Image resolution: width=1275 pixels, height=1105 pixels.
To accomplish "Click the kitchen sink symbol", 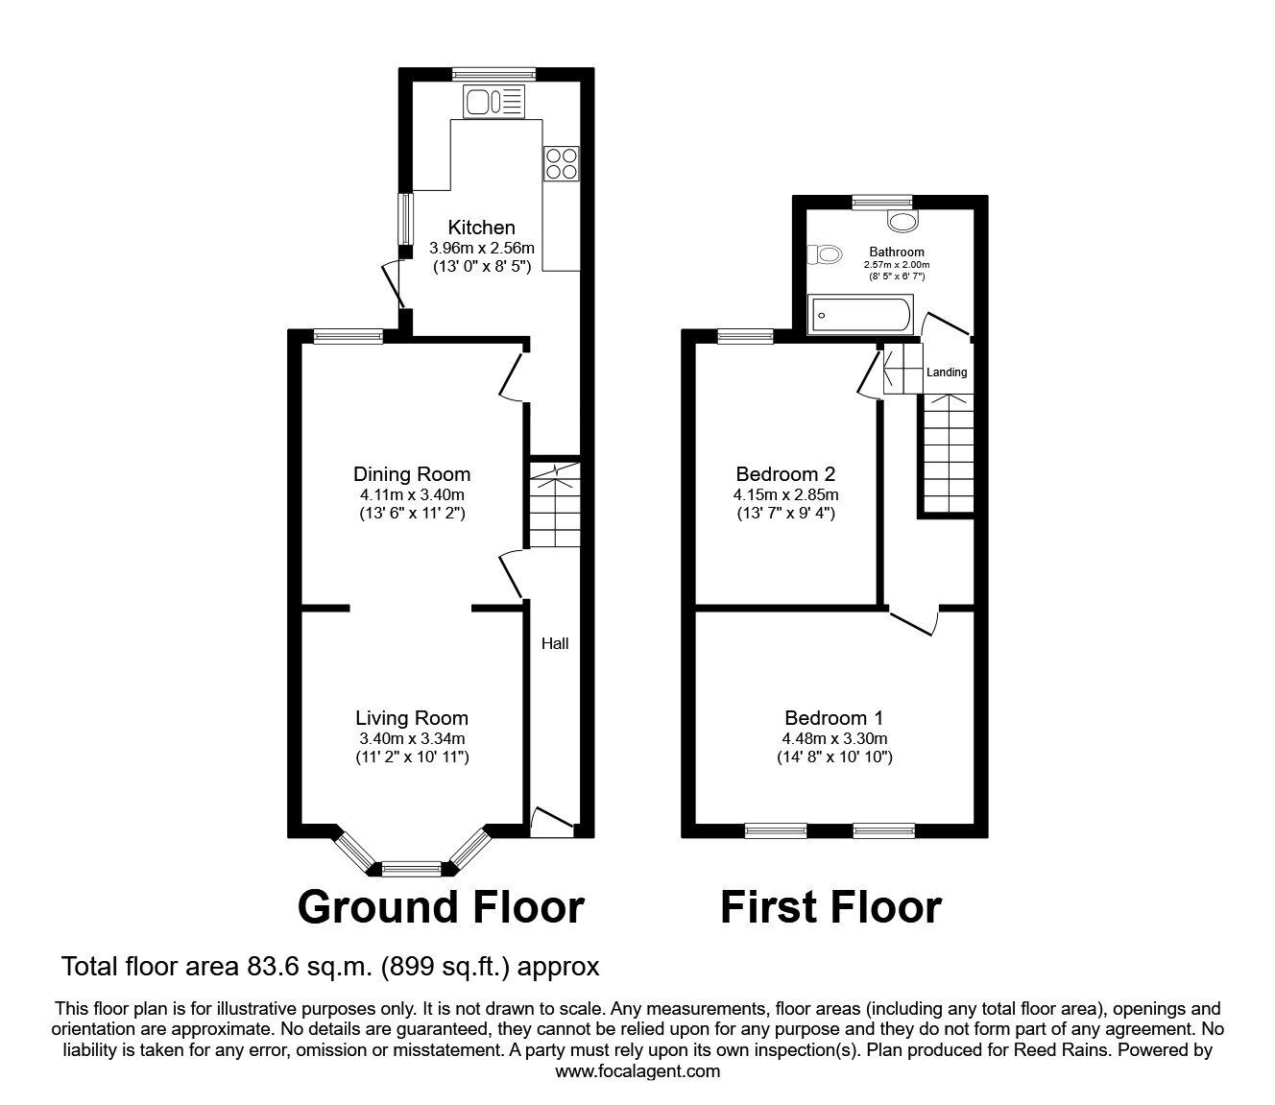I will [x=493, y=102].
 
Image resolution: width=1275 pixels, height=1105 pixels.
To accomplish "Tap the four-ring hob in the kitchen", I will [x=561, y=162].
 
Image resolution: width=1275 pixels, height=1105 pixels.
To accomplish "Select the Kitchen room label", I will [x=482, y=228].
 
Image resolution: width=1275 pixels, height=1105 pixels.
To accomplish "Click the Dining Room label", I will [x=412, y=473].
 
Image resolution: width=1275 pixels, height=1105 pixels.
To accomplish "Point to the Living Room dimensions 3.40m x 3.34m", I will [x=412, y=738].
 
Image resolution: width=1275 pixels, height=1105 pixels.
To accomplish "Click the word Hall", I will [x=555, y=643].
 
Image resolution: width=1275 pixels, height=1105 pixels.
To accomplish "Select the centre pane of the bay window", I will [x=411, y=870].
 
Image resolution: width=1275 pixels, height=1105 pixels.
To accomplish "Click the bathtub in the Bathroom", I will [x=860, y=314].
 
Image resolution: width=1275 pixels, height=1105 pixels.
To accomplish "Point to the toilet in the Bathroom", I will [x=824, y=254].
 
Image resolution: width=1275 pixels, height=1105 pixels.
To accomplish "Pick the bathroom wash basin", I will [x=902, y=222].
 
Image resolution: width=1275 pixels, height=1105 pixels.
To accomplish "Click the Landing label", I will [x=947, y=372].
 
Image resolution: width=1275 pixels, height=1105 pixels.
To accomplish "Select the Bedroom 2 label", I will [x=785, y=473].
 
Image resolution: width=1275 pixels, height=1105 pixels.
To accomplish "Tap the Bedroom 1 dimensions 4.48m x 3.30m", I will [x=834, y=738].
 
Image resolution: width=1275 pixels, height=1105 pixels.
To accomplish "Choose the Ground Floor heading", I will [x=441, y=906].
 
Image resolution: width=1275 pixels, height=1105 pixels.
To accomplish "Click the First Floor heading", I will [x=830, y=906].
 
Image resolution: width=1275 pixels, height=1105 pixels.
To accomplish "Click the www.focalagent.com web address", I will [x=637, y=1071].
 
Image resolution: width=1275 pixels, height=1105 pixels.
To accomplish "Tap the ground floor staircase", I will [x=555, y=503].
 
